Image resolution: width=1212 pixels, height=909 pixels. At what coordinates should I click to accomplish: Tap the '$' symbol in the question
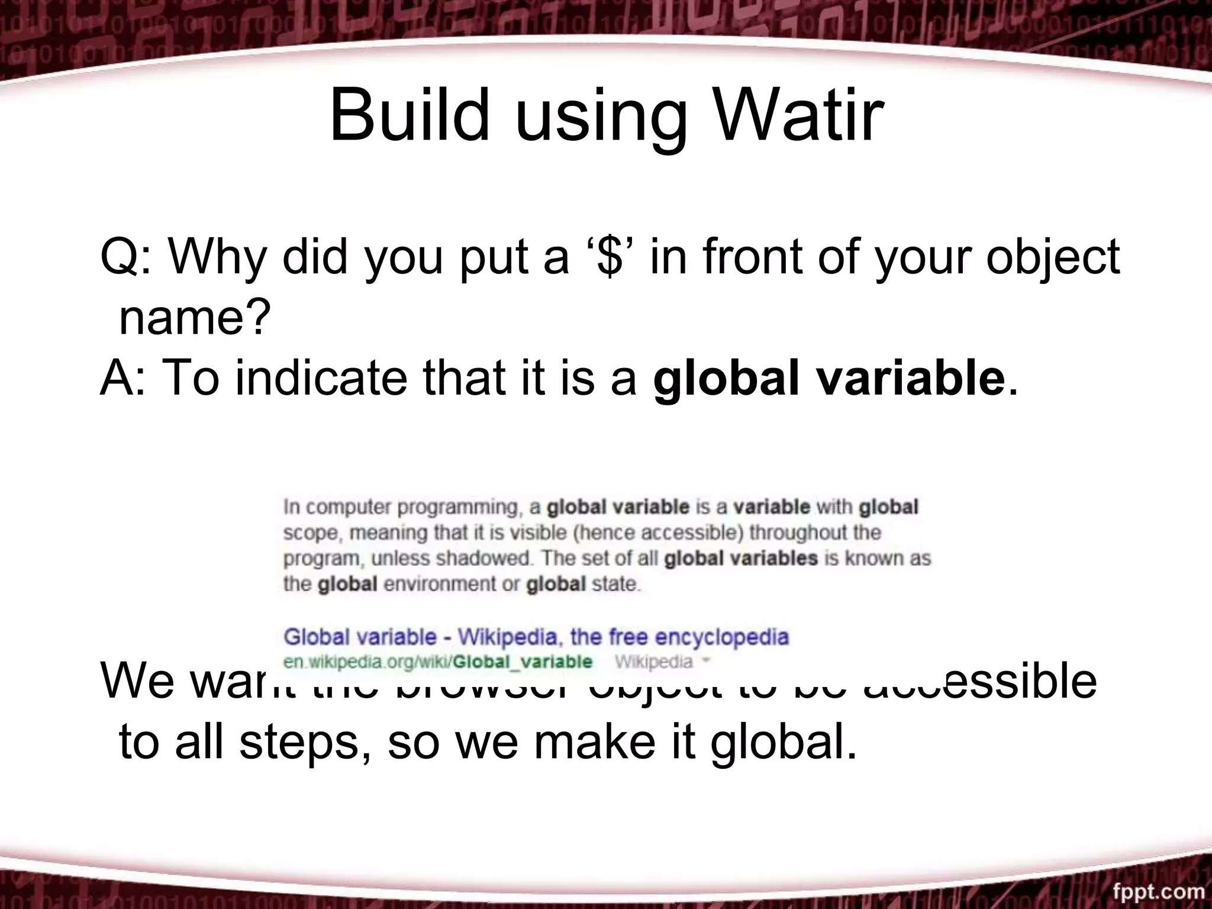(610, 256)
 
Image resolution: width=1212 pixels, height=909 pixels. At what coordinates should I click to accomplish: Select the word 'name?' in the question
(194, 318)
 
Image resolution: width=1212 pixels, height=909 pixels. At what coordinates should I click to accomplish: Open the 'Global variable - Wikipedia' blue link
(536, 637)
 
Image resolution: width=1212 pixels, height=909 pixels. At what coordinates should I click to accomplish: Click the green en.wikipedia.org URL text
(437, 661)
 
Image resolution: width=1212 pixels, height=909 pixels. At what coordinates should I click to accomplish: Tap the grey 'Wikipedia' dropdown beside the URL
(661, 661)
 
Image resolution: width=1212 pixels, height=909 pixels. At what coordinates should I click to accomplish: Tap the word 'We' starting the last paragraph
(137, 681)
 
